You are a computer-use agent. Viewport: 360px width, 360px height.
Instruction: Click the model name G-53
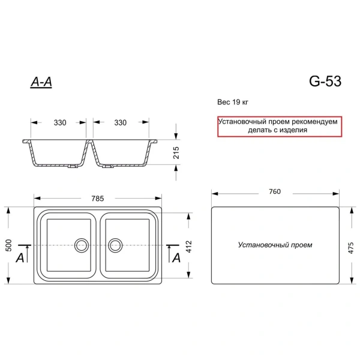point(325,81)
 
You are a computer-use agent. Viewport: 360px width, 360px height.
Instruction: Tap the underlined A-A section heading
point(41,82)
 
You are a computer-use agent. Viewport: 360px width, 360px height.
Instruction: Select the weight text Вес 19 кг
point(233,102)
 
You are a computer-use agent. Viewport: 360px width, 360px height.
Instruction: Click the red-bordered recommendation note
point(280,127)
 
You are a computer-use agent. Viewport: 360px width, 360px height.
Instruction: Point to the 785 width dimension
point(98,199)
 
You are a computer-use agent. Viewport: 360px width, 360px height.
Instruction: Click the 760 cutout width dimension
point(275,191)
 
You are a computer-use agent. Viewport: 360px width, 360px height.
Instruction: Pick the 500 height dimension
point(8,245)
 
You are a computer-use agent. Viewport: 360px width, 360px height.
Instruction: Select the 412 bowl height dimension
point(189,247)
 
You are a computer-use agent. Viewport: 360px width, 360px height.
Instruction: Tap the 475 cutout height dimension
point(351,248)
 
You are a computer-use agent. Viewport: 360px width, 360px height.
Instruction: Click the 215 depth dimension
point(176,152)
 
